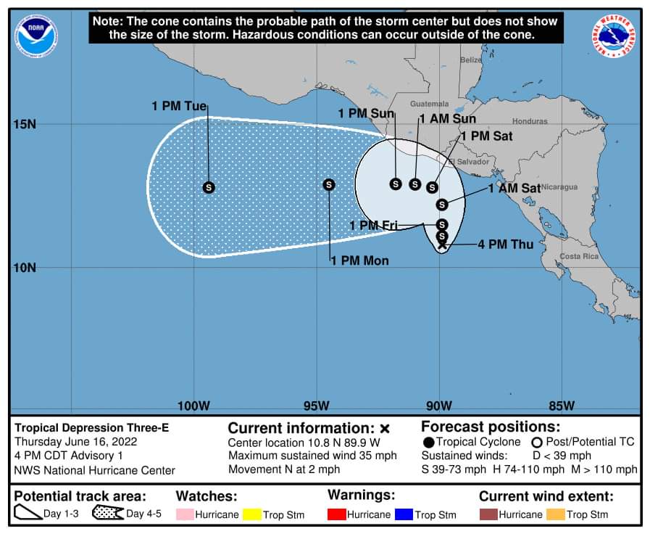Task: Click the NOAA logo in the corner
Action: [36, 36]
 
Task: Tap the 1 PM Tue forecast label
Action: [179, 106]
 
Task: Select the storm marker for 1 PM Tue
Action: [209, 187]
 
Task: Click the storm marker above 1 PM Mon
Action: [329, 185]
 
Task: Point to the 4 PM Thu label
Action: [505, 245]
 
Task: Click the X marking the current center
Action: [442, 246]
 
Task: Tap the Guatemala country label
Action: [430, 104]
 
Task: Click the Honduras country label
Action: [530, 121]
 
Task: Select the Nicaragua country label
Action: [559, 187]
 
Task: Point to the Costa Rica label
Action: [579, 256]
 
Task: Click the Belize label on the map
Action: [471, 60]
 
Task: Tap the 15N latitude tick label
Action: [25, 124]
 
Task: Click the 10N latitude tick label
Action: [25, 268]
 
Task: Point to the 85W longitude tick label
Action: [562, 405]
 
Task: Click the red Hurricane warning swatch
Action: [337, 514]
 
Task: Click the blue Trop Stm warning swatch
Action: [404, 514]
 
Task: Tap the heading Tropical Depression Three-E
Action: [92, 428]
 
